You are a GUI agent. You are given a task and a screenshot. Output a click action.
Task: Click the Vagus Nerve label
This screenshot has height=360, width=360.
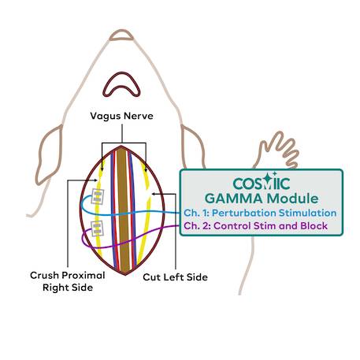(x=121, y=116)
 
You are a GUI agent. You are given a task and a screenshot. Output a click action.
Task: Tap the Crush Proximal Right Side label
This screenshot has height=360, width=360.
(x=68, y=281)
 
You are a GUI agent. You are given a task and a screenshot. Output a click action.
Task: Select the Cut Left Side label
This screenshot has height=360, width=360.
(x=175, y=277)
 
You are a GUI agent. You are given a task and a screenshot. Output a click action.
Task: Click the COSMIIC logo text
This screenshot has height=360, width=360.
(x=262, y=183)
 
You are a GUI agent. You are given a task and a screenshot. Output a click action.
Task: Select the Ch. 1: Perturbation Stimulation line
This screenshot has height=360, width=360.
(x=260, y=213)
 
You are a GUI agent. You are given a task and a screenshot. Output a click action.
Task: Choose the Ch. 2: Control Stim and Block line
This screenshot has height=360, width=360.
(x=255, y=226)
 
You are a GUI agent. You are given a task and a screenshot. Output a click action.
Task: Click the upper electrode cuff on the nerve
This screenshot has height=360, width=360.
(x=98, y=196)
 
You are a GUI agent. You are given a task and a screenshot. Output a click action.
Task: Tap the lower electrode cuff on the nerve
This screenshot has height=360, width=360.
(x=97, y=228)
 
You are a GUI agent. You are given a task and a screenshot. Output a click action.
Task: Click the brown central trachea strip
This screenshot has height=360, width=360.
(x=123, y=210)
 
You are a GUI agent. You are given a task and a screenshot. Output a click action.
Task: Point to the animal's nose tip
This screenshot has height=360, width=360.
(x=121, y=35)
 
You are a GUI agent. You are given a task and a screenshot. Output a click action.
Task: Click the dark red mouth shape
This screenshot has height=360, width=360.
(x=121, y=84)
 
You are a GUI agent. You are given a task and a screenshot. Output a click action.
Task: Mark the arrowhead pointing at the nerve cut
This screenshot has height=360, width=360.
(x=154, y=195)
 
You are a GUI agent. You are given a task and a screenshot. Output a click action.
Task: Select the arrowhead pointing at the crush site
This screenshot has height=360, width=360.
(x=95, y=180)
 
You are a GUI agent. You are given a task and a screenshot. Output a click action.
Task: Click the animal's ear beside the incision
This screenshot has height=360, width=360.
(x=50, y=155)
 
